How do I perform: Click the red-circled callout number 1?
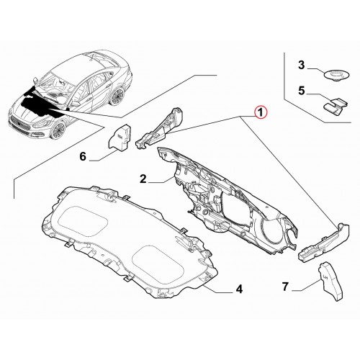pos(261,112)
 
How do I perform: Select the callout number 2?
pos(143,179)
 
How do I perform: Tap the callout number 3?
pos(302,65)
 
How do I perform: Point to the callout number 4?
pos(239,289)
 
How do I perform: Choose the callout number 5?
pos(302,91)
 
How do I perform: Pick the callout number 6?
pos(83,157)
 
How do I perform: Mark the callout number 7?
pos(285,287)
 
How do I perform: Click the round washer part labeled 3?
pos(336,74)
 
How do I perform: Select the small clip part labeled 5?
pos(336,105)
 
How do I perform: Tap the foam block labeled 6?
pos(120,138)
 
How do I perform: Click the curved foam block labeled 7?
pos(331,281)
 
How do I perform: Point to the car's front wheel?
pos(58,130)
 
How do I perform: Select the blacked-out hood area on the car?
pos(40,102)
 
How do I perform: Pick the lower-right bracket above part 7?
pos(324,243)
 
